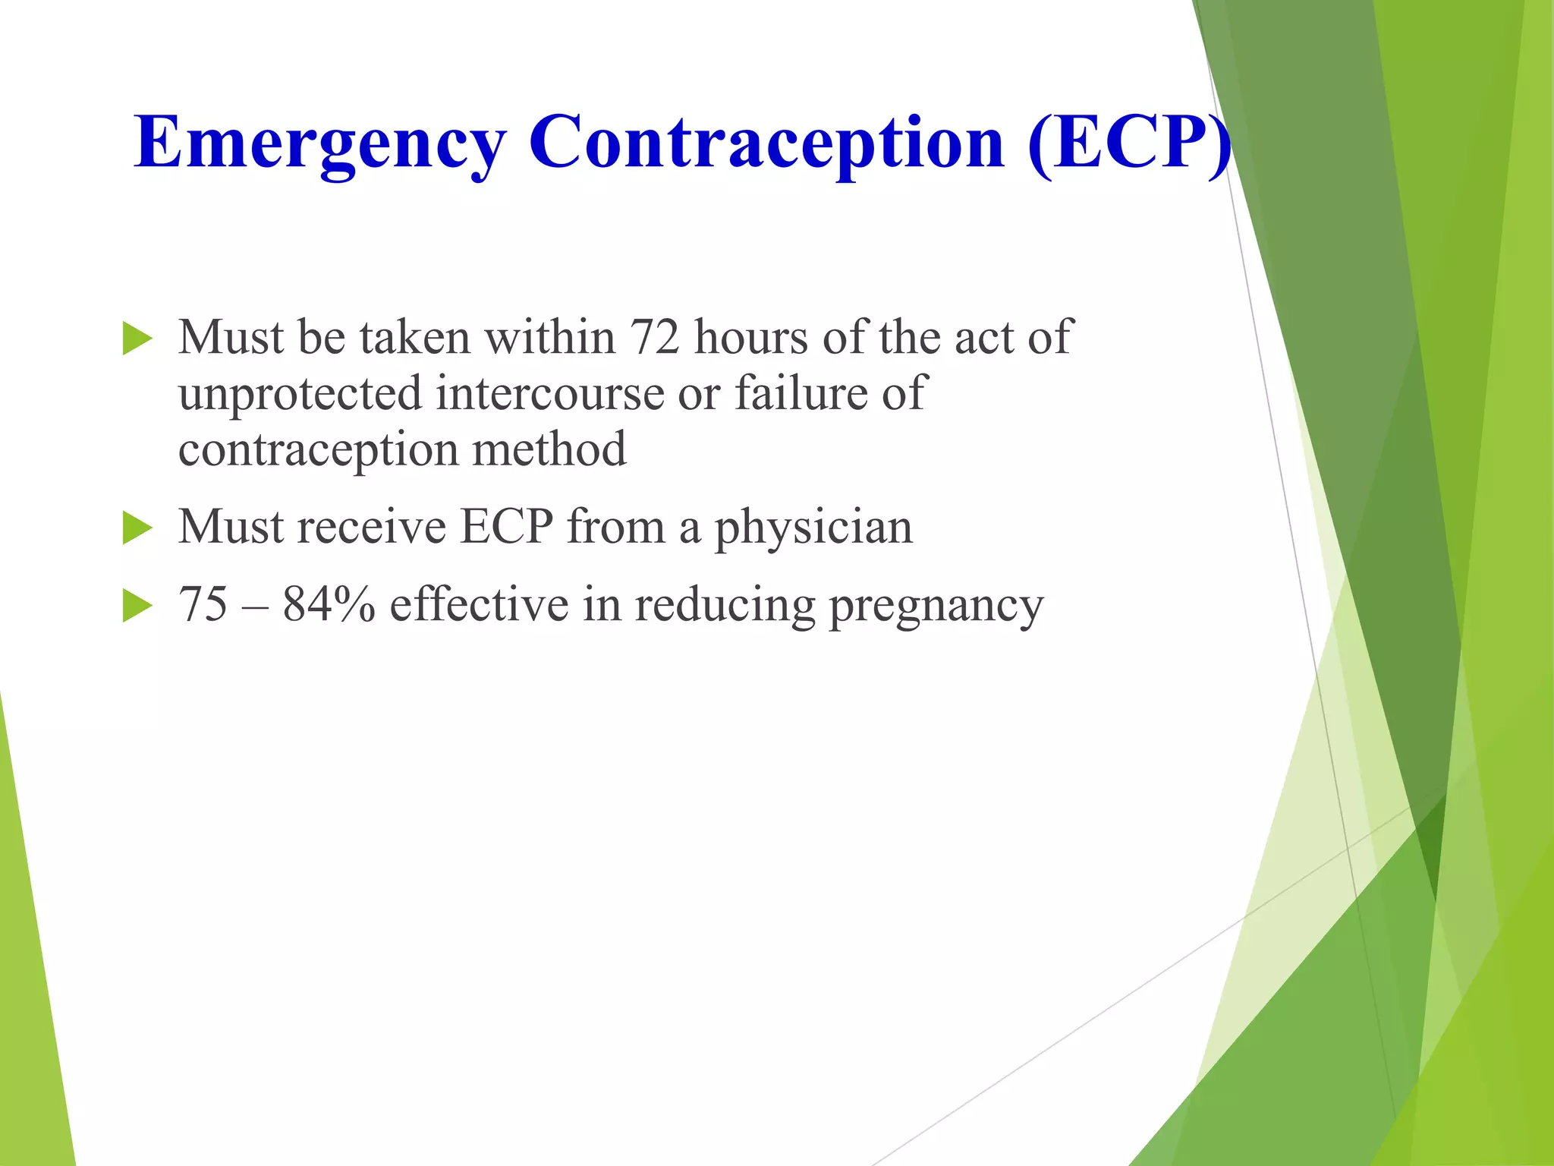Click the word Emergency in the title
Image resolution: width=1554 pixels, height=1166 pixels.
(x=319, y=144)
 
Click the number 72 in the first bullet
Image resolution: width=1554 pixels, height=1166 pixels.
(x=655, y=337)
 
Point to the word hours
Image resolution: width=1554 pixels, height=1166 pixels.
(x=751, y=337)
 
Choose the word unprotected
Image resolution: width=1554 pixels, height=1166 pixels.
(x=300, y=394)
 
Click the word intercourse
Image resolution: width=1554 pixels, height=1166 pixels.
(x=550, y=394)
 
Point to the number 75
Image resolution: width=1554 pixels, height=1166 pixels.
(x=203, y=605)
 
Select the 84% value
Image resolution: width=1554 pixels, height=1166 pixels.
(x=329, y=605)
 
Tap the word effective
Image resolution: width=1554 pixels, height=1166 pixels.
(x=479, y=605)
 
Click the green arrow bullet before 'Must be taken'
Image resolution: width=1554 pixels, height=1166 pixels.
(x=137, y=339)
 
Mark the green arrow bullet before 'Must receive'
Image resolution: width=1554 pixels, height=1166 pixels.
(x=137, y=528)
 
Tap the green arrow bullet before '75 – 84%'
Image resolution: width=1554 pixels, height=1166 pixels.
(x=137, y=607)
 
